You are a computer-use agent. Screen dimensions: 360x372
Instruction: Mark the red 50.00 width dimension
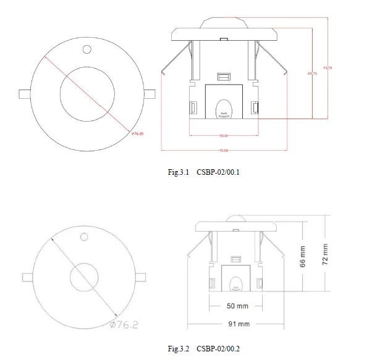pos(223,136)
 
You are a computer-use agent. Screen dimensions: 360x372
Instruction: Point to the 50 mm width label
pos(238,306)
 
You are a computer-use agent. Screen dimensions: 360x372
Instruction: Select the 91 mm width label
pos(238,324)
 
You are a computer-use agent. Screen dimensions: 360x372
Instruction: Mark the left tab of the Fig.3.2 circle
pos(27,277)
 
